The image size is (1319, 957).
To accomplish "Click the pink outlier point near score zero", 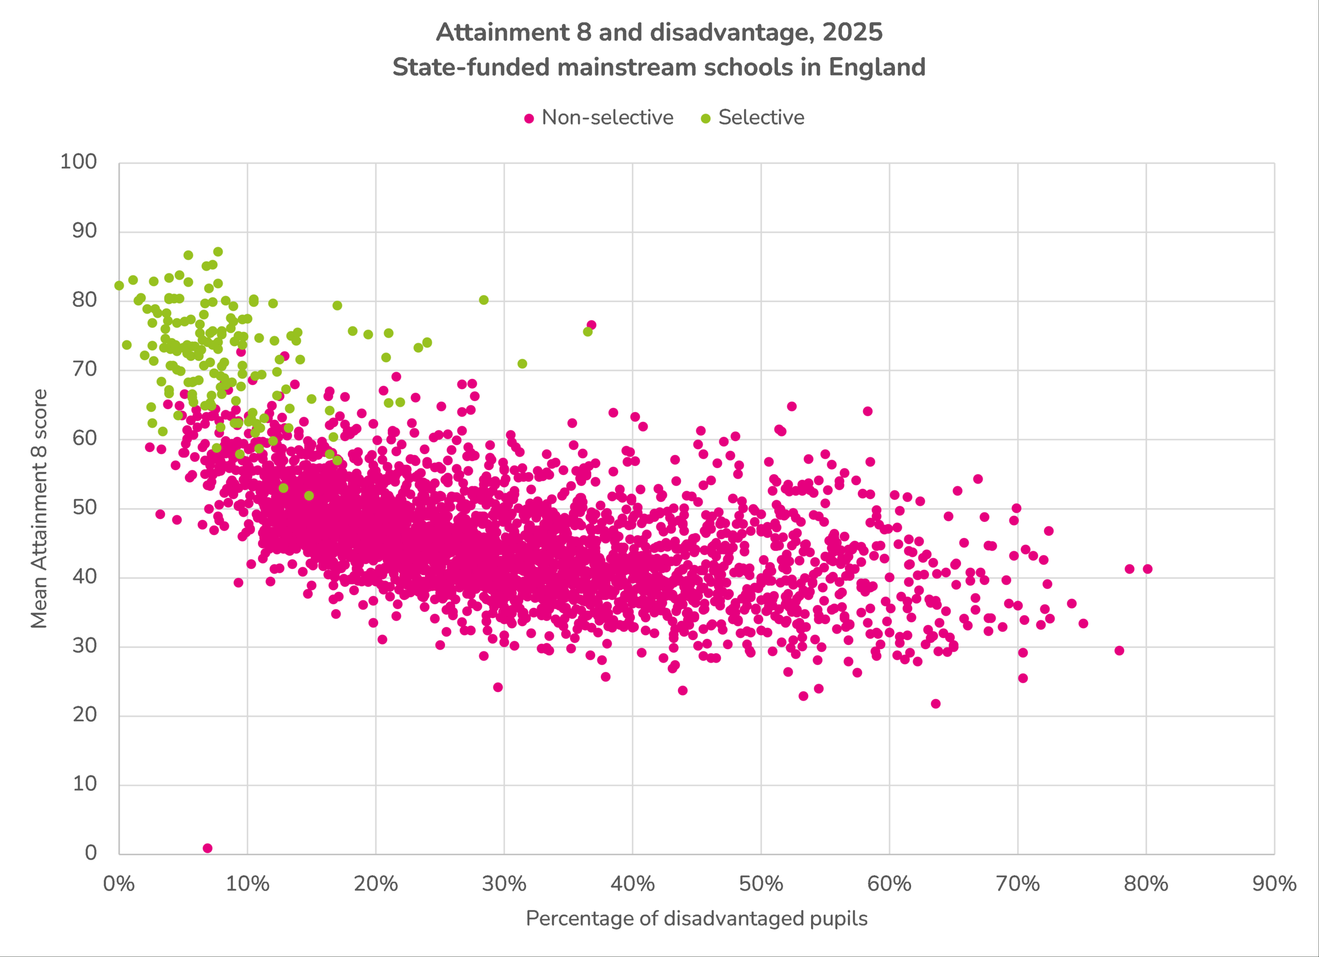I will click(x=208, y=848).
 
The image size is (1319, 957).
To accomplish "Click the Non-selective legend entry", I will click(x=606, y=118).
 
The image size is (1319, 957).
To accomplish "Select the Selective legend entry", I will click(x=760, y=118).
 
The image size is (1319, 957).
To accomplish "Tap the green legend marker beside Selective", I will click(x=706, y=118).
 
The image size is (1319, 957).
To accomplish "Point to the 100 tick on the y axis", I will click(x=78, y=162).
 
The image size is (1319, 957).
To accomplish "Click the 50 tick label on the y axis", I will click(x=84, y=507).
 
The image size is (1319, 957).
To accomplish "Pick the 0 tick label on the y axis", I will click(x=91, y=852).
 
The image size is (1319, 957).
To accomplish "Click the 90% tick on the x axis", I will click(x=1274, y=884).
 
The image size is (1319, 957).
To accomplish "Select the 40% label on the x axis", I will click(x=632, y=884).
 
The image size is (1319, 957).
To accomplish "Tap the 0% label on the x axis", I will click(x=119, y=884).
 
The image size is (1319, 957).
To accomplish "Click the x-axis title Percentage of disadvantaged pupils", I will click(x=696, y=919).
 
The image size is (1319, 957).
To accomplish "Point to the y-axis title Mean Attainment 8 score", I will click(x=39, y=509).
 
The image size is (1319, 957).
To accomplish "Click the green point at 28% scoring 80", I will click(x=484, y=300).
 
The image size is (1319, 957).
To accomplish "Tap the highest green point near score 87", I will click(x=218, y=252).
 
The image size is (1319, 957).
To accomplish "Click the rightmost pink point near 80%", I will click(x=1147, y=569).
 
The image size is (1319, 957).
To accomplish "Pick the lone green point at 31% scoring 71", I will click(x=522, y=364).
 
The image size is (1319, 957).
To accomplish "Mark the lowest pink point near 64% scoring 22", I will click(x=936, y=704).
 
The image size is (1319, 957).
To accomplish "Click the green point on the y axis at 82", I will click(x=119, y=285).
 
